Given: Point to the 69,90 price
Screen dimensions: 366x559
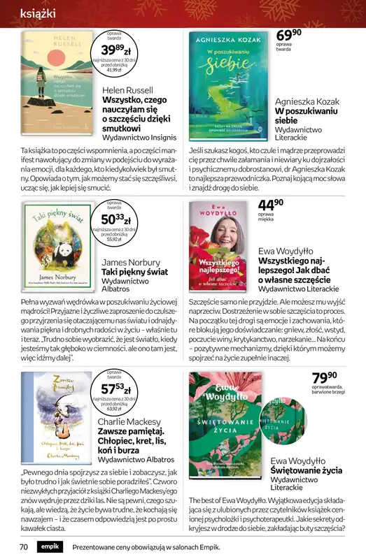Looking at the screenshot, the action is pos(290,36).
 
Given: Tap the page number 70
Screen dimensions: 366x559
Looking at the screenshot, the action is pos(23,547).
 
